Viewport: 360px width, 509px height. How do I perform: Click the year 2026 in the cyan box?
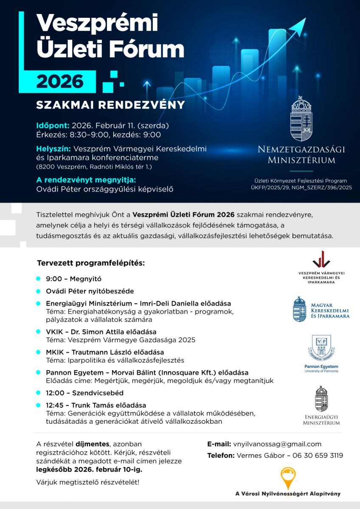pos(60,81)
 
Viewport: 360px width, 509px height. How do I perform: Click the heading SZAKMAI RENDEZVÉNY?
pos(110,105)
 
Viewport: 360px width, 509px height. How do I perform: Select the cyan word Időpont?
pos(53,126)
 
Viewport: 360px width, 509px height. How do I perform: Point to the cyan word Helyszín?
pos(53,149)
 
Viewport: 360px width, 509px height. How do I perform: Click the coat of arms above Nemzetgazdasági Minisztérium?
pos(301,119)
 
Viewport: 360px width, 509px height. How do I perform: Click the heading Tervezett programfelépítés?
pos(91,263)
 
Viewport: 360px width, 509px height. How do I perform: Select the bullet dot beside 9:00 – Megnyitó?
pos(38,279)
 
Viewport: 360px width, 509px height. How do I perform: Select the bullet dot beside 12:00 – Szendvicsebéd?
pos(38,393)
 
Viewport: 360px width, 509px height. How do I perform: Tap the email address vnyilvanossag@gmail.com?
pos(277,444)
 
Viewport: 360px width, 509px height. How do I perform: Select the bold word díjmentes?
pos(93,444)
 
